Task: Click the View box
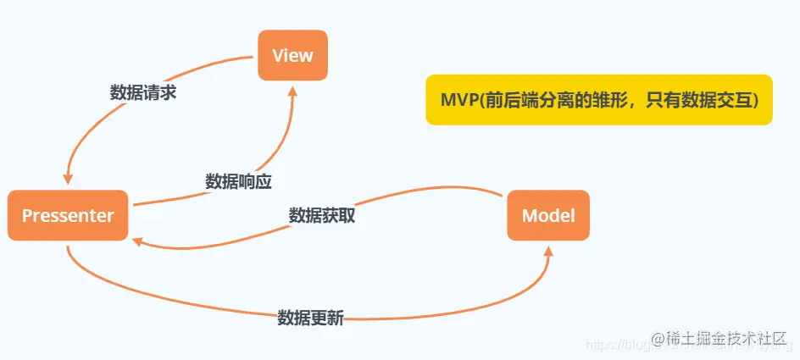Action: point(292,56)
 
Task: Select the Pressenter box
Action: point(68,216)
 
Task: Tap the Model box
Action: point(547,216)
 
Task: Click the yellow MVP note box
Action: point(598,100)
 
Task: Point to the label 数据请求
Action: point(143,93)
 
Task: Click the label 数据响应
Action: point(238,181)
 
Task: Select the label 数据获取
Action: point(321,215)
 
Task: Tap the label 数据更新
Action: point(310,318)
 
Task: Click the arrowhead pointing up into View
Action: point(292,89)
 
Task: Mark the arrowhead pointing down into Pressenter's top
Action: point(68,179)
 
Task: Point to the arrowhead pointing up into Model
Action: point(549,252)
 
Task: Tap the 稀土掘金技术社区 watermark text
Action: point(727,338)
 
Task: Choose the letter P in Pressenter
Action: point(26,216)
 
